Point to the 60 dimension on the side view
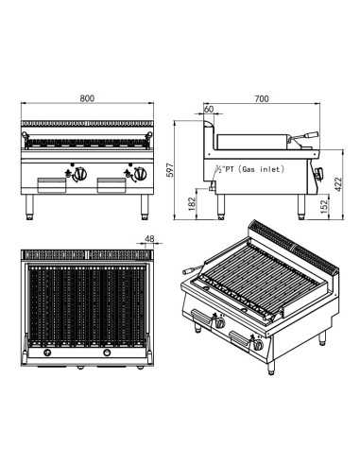[x=208, y=109]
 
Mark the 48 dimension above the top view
[x=149, y=239]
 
